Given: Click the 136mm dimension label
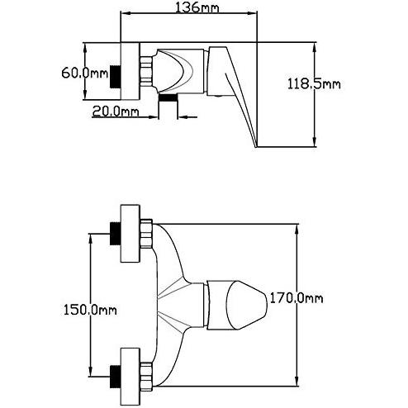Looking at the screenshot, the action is click(x=197, y=7).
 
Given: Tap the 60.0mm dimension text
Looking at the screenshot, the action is click(x=85, y=74).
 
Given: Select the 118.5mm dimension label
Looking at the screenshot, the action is click(x=314, y=83).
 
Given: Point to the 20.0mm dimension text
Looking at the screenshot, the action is click(x=116, y=111).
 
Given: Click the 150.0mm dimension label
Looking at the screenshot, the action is click(x=90, y=310).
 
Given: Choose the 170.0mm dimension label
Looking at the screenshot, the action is click(x=296, y=298).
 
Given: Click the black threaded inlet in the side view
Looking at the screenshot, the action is click(x=116, y=77).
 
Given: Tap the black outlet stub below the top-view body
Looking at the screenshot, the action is click(x=168, y=97).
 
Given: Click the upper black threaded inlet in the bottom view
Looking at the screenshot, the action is click(x=116, y=234).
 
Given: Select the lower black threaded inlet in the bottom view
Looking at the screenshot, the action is click(x=116, y=377).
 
